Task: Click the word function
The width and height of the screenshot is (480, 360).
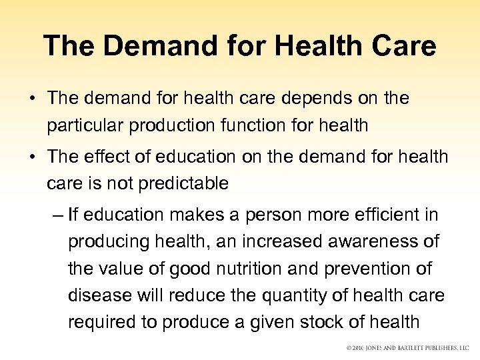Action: (245, 125)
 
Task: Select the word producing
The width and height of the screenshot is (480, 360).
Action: (109, 242)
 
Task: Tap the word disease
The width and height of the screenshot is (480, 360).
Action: (93, 295)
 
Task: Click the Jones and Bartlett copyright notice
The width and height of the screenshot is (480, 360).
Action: (407, 347)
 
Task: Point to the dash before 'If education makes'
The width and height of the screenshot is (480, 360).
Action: (57, 215)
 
